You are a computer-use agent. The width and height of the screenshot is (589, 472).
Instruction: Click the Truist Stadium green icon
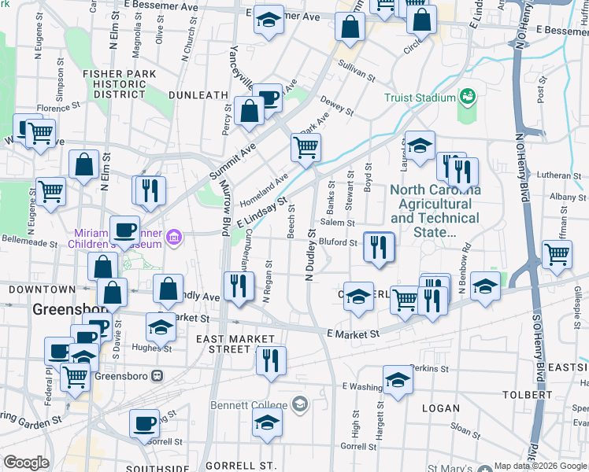[x=469, y=97]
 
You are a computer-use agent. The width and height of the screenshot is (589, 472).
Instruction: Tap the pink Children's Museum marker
[x=174, y=237]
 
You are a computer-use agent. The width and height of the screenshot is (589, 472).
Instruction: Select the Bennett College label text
[x=250, y=405]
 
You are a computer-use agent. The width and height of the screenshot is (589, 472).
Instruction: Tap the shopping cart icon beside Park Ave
[x=305, y=146]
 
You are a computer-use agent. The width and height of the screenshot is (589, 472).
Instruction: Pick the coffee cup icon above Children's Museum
[x=124, y=230]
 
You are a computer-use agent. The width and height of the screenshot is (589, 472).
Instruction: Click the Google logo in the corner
[x=27, y=463]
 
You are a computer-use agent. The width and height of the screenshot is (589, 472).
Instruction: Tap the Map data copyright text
[x=540, y=466]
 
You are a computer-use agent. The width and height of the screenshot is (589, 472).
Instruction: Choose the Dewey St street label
[x=336, y=106]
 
